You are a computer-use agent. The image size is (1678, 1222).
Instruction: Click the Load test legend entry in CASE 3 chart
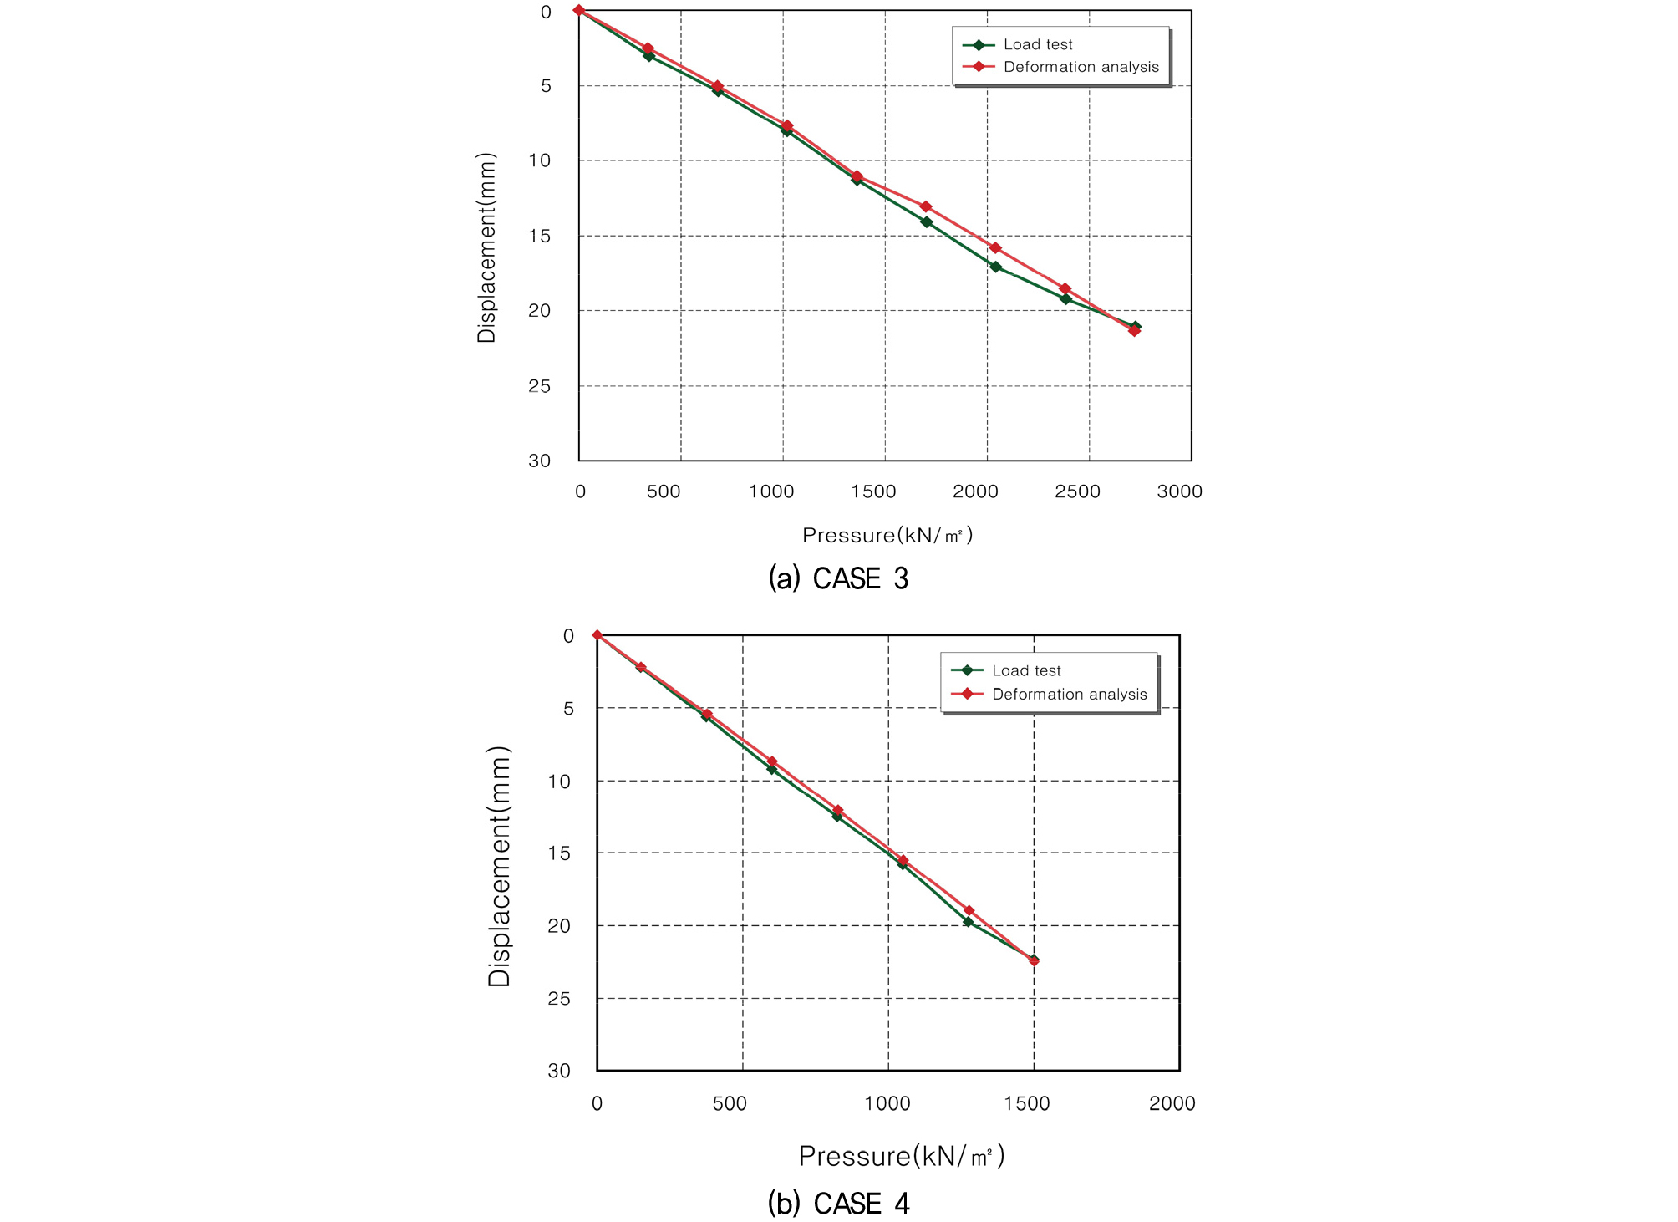(1037, 44)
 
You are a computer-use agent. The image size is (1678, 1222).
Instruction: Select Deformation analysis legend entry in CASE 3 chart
(1081, 67)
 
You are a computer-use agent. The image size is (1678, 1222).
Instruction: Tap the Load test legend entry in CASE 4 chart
(1025, 670)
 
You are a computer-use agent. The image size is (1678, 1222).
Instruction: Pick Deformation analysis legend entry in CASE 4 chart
(1069, 694)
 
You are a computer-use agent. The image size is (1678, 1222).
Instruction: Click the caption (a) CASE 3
(838, 578)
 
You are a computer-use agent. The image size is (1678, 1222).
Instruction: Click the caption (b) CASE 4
(838, 1203)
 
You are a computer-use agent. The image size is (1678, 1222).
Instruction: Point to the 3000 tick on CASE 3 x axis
(1179, 491)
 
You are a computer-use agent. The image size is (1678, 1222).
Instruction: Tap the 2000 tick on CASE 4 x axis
(1172, 1103)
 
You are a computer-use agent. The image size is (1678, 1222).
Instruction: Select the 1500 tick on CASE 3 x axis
(873, 491)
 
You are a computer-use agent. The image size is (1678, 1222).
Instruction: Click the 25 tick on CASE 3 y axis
(540, 386)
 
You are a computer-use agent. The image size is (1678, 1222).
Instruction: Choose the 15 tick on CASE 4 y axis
(559, 853)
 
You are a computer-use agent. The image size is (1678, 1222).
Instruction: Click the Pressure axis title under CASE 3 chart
(887, 535)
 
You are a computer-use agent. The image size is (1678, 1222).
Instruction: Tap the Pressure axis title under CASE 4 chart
(901, 1156)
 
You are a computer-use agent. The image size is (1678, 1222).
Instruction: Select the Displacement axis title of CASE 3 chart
(486, 247)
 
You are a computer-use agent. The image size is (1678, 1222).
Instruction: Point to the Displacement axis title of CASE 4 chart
(499, 866)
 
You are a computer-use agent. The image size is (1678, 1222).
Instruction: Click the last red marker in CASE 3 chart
(1134, 331)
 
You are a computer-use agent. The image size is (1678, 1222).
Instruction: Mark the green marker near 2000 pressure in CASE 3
(995, 267)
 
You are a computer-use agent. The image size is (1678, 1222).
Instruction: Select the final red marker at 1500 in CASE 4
(1034, 961)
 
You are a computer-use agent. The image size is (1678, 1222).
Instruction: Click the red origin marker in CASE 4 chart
(597, 635)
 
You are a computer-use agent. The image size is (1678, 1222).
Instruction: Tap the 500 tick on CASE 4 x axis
(729, 1103)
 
